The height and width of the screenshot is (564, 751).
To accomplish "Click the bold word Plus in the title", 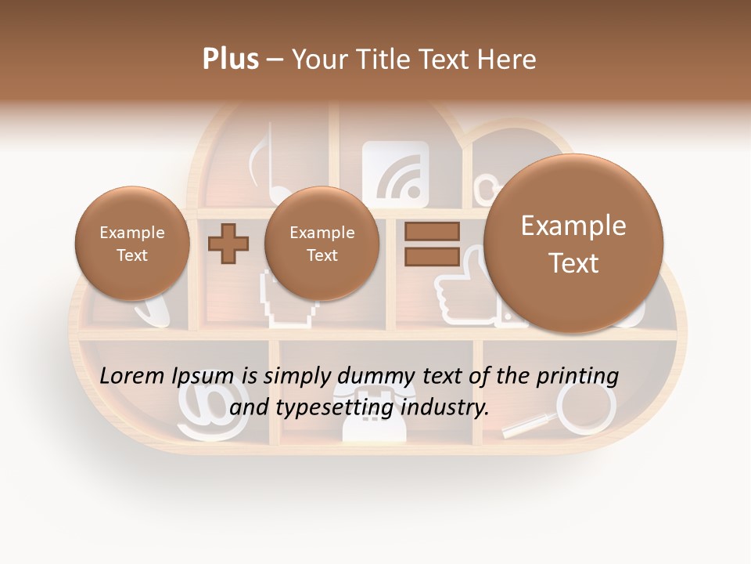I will (230, 60).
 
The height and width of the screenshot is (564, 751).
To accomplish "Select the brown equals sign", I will (432, 243).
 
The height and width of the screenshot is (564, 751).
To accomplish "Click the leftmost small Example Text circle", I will (131, 243).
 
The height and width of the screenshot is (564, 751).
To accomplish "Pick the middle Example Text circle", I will (322, 243).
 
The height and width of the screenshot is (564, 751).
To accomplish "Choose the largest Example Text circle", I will (573, 243).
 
